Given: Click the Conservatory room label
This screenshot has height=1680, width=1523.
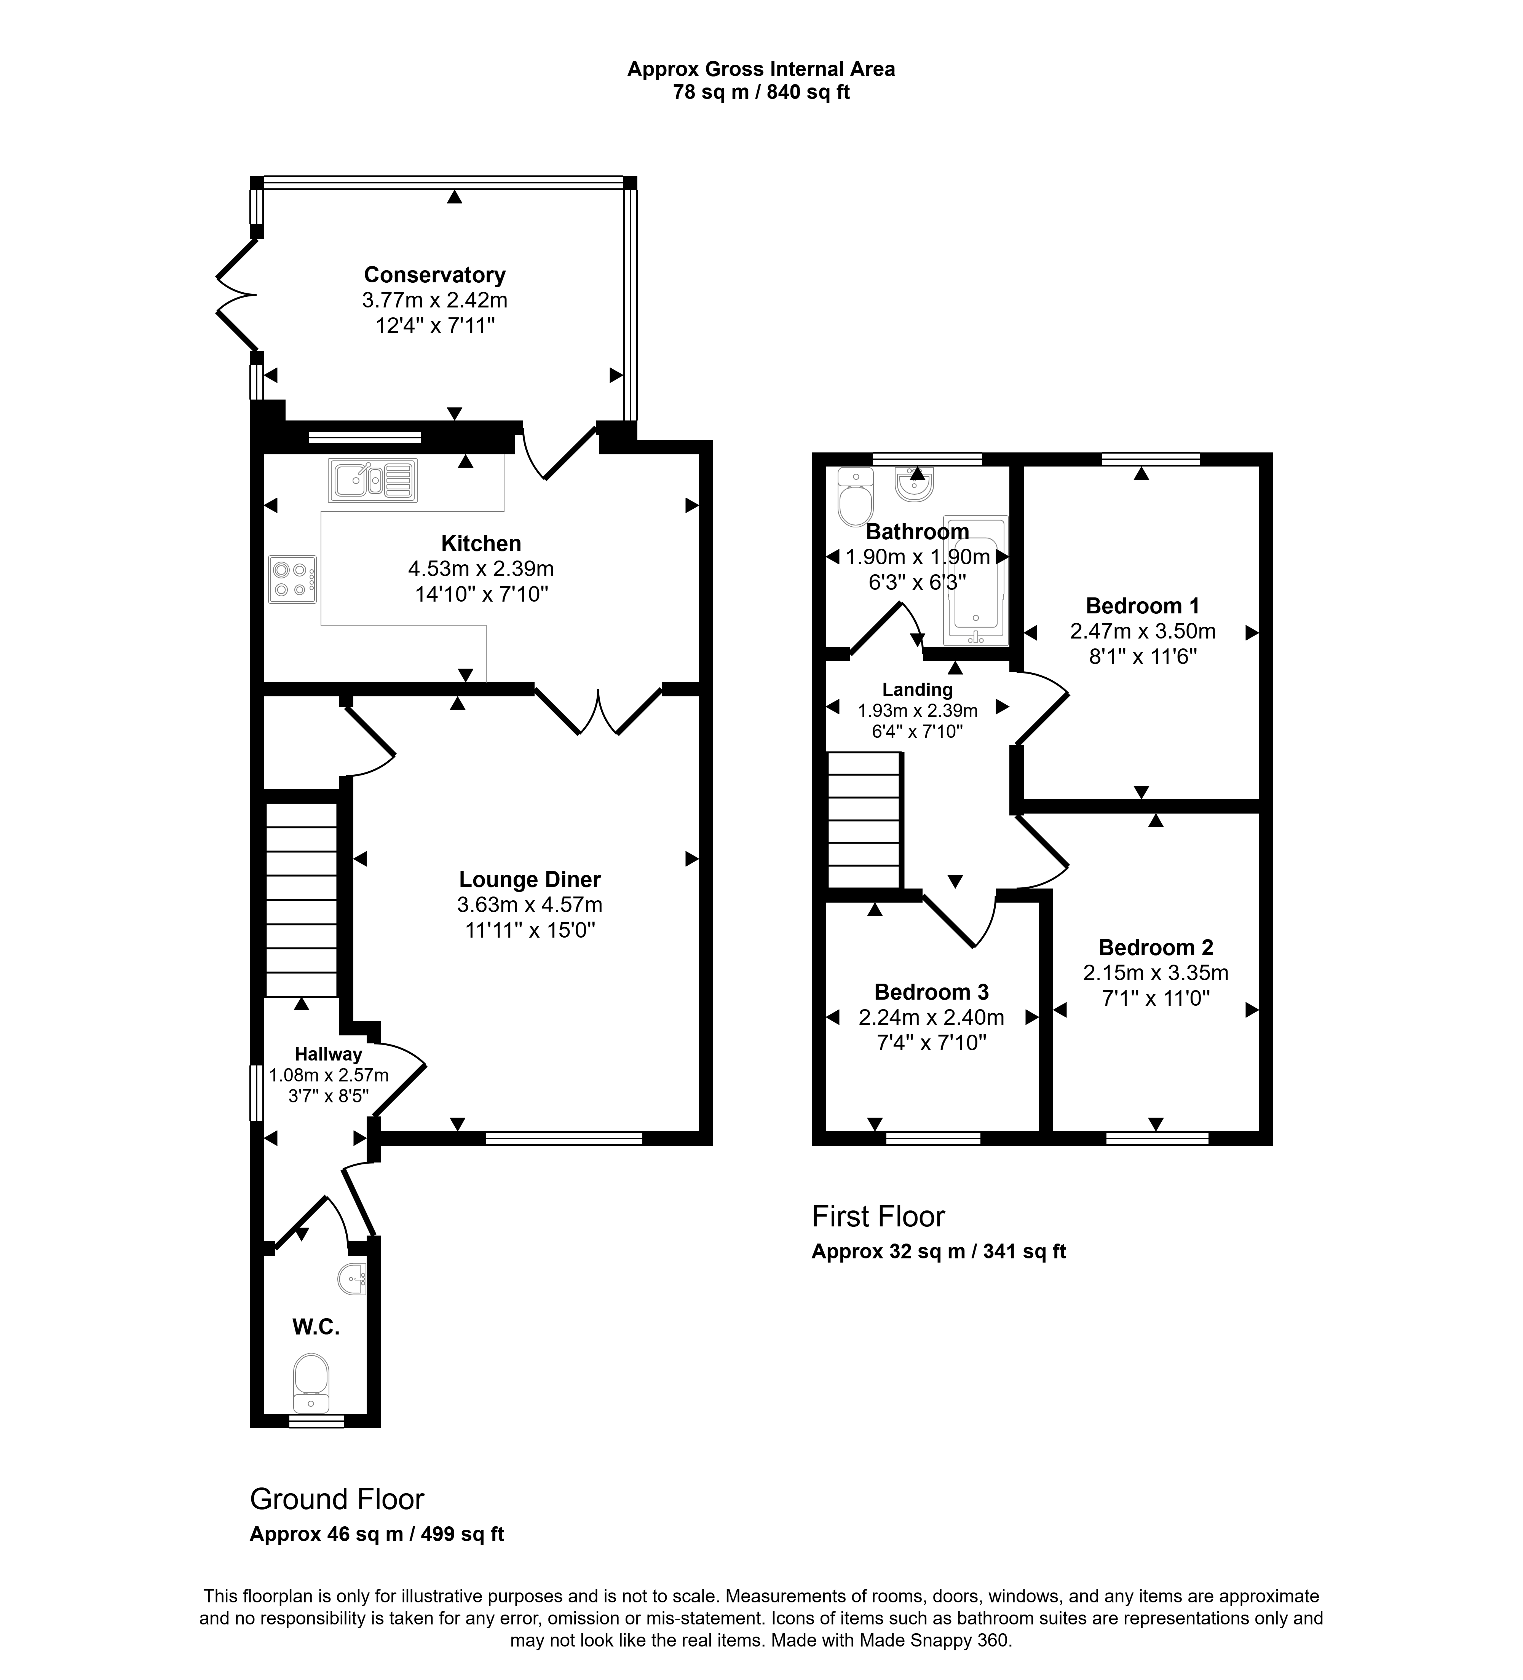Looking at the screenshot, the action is point(434,275).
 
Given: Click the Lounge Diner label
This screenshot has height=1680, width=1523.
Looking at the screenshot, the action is point(529,879).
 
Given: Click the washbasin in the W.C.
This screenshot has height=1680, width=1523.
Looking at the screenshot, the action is point(353,1277).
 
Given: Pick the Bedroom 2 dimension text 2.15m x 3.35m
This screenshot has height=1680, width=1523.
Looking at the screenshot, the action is point(1155,973).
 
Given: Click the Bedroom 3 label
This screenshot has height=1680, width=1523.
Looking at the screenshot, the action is point(931,992).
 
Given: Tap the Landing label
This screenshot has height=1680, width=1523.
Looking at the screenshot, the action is point(917,689).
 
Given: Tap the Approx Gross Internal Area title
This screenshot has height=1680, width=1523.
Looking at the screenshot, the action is point(761,69).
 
